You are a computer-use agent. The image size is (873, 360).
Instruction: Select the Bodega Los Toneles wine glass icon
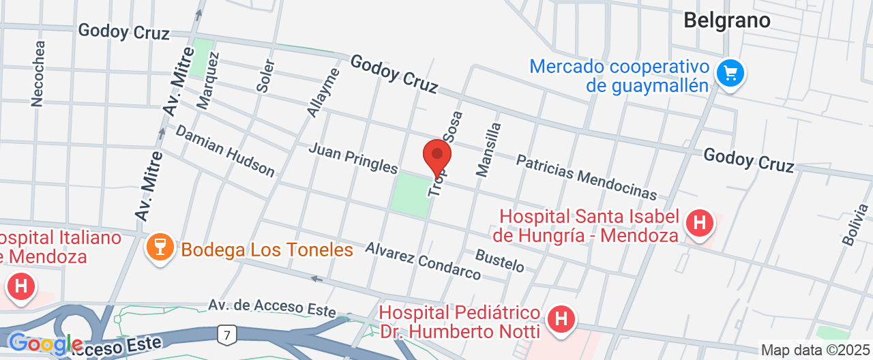(160, 249)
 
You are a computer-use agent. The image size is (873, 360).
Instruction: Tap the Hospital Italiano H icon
(21, 286)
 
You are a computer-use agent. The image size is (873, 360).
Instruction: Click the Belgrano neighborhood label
(727, 20)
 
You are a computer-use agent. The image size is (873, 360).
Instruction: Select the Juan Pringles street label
(353, 157)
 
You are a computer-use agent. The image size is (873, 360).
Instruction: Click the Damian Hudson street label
(225, 151)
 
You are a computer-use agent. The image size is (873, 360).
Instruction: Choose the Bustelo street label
(499, 260)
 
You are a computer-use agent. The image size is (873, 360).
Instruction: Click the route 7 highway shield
(226, 334)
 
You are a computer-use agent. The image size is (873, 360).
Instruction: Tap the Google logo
(45, 344)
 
